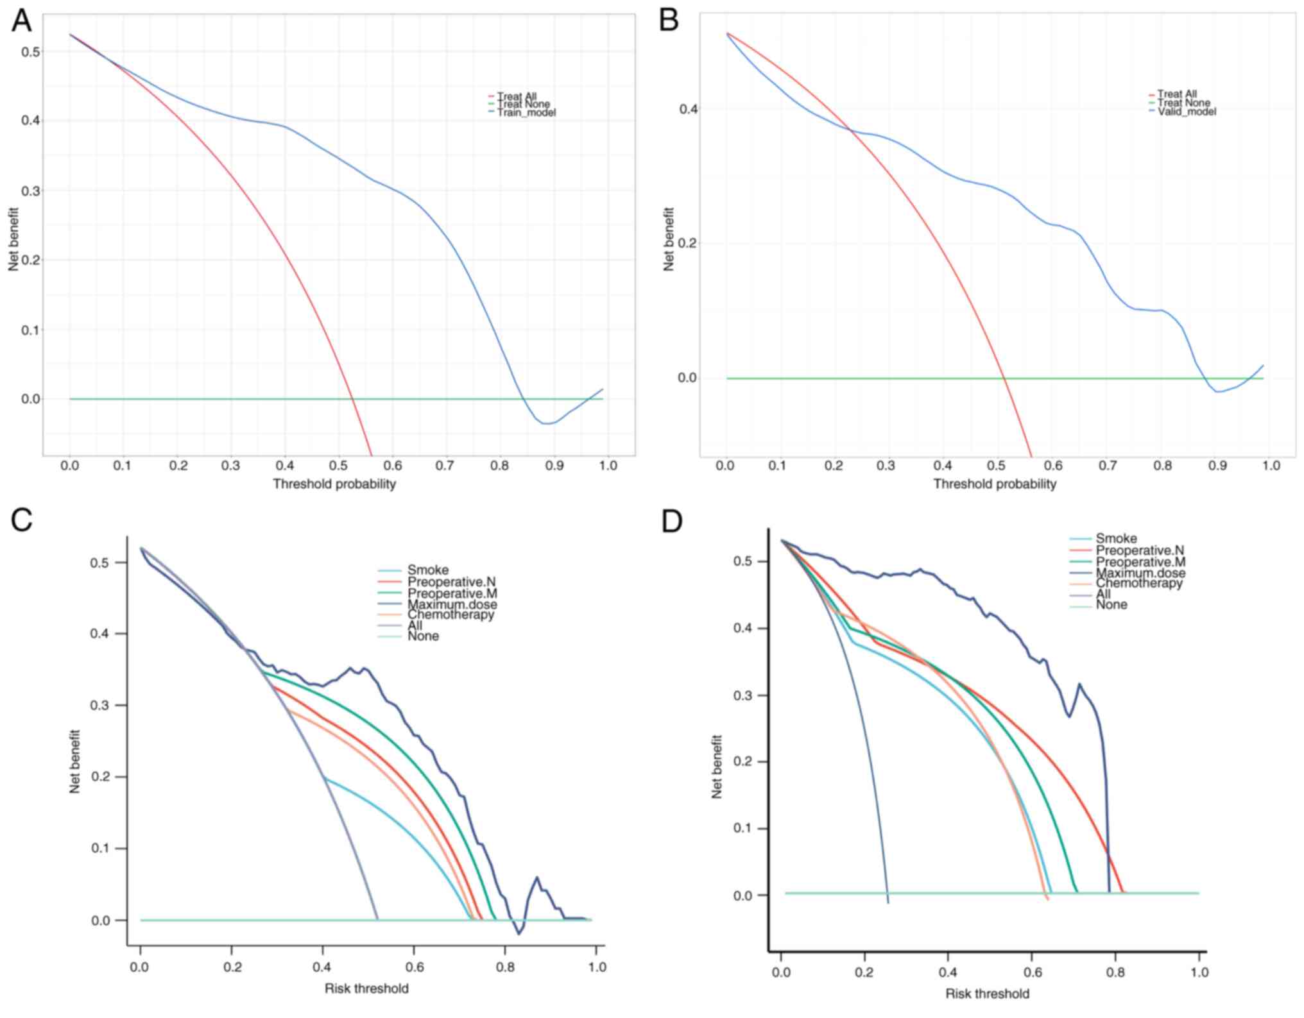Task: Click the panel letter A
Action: [21, 21]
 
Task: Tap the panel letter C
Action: [22, 520]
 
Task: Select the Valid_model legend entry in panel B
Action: [1187, 112]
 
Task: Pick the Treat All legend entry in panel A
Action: [517, 97]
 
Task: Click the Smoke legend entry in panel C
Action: [427, 570]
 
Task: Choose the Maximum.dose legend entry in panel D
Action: [1140, 573]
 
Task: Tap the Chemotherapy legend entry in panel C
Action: [450, 615]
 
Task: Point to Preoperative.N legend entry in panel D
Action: [1140, 550]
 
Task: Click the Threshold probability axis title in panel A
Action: [334, 484]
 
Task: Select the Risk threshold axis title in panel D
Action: [987, 994]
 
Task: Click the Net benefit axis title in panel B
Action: [669, 239]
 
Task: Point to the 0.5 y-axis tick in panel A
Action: [30, 51]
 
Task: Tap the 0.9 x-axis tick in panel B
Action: [1217, 466]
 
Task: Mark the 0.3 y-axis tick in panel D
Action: [744, 695]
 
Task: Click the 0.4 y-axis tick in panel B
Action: [689, 109]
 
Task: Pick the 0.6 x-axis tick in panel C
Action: [414, 967]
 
